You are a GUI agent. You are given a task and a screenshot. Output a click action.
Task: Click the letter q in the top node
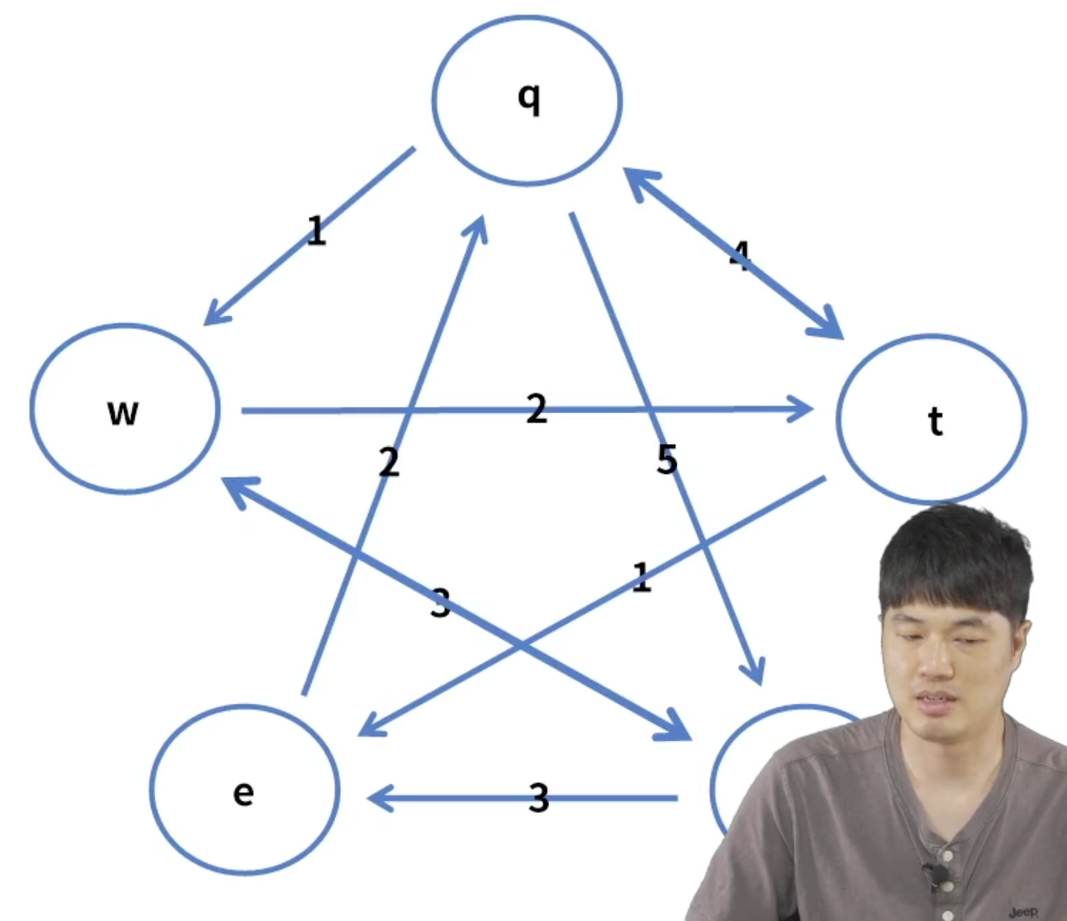coord(529,99)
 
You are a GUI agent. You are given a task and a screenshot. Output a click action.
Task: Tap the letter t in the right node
coord(936,422)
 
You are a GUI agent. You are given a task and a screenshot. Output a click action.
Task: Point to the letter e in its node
coord(243,793)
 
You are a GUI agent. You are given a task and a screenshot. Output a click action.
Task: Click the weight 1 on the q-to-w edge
coord(317,231)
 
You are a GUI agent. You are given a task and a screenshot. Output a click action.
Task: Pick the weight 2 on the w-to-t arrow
coord(537,409)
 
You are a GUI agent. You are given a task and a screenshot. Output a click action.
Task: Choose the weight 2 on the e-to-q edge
coord(388,462)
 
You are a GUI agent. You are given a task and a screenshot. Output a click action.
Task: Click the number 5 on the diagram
coord(667,460)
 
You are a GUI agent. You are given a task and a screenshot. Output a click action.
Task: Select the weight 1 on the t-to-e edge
coord(642,578)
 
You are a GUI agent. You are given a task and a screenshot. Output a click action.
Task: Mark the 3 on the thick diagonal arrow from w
coord(439,604)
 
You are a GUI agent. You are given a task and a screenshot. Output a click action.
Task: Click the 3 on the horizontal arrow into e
coord(539,799)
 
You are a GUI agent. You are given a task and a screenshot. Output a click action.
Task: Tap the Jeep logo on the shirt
coord(1022,912)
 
